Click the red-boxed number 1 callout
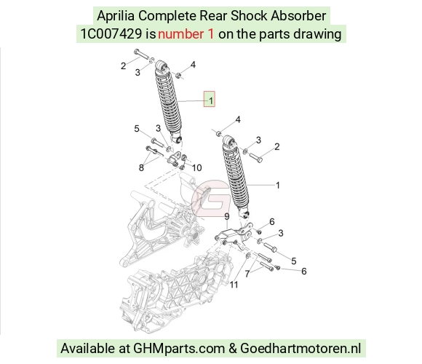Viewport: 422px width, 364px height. pyautogui.click(x=210, y=99)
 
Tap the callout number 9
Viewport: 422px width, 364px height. pyautogui.click(x=227, y=217)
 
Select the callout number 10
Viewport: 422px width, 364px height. pyautogui.click(x=197, y=168)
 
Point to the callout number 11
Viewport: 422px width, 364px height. pyautogui.click(x=234, y=285)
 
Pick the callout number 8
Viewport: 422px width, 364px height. pyautogui.click(x=141, y=168)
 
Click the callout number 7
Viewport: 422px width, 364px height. pyautogui.click(x=247, y=274)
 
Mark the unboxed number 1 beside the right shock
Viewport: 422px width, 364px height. pyautogui.click(x=278, y=186)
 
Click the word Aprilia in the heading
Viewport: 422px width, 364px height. pyautogui.click(x=116, y=15)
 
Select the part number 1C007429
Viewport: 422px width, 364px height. pyautogui.click(x=111, y=34)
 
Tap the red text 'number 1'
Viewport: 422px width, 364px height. pyautogui.click(x=186, y=34)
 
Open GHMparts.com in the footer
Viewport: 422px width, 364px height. pyautogui.click(x=179, y=349)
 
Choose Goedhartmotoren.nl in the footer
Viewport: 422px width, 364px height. pyautogui.click(x=300, y=349)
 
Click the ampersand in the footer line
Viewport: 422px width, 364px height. pyautogui.click(x=233, y=349)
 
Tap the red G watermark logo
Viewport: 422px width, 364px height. pyautogui.click(x=211, y=199)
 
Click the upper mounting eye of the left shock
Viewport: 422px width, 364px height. pyautogui.click(x=161, y=66)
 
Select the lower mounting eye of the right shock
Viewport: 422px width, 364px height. pyautogui.click(x=244, y=215)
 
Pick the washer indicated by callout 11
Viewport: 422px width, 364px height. pyautogui.click(x=249, y=256)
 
